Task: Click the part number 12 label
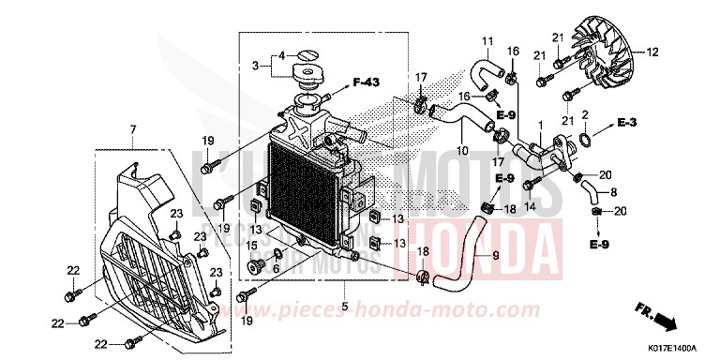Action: (653, 52)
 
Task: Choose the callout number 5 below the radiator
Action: (345, 307)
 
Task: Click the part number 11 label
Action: (487, 41)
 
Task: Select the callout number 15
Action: (250, 246)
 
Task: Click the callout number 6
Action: (275, 268)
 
